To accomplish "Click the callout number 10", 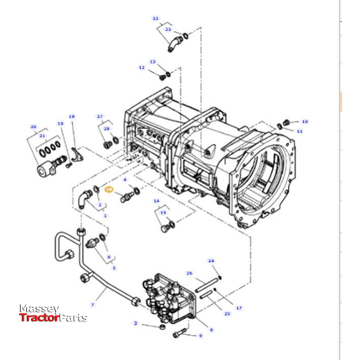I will tap(305, 121).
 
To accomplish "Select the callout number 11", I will tap(300, 131).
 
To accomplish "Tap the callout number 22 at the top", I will tap(155, 18).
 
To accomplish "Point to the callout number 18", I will tap(72, 116).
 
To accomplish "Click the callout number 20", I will tap(33, 126).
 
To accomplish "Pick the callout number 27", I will tap(100, 116).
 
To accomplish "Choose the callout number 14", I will tap(156, 201).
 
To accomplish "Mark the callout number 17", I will tap(239, 309).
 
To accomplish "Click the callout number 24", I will tap(211, 261).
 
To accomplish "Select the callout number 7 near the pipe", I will tap(92, 305).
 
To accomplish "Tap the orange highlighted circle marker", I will tap(108, 192).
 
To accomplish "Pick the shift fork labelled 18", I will tap(75, 153).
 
